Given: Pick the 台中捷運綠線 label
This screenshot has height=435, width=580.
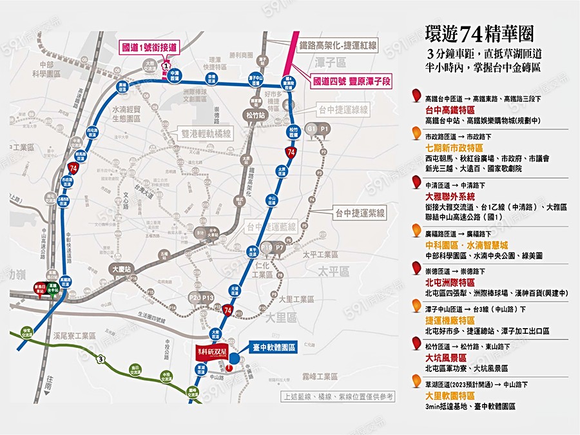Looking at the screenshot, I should pos(346,110).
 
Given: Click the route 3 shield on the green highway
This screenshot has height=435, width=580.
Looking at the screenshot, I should pos(101,358).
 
